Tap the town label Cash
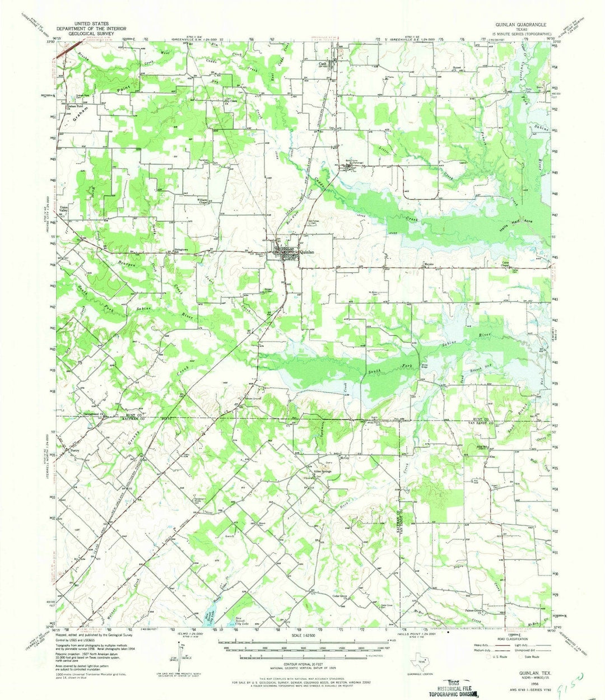[x=322, y=64]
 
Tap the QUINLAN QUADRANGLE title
[x=515, y=25]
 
